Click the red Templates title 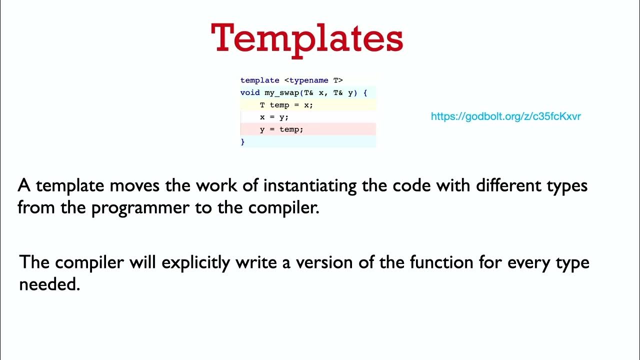pos(307,38)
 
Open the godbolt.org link pos(505,116)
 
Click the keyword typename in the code pos(308,80)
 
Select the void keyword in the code pos(250,93)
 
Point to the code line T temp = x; pos(286,105)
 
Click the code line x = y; pos(274,117)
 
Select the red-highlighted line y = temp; pos(281,129)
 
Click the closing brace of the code pos(243,142)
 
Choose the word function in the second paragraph pos(436,262)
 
